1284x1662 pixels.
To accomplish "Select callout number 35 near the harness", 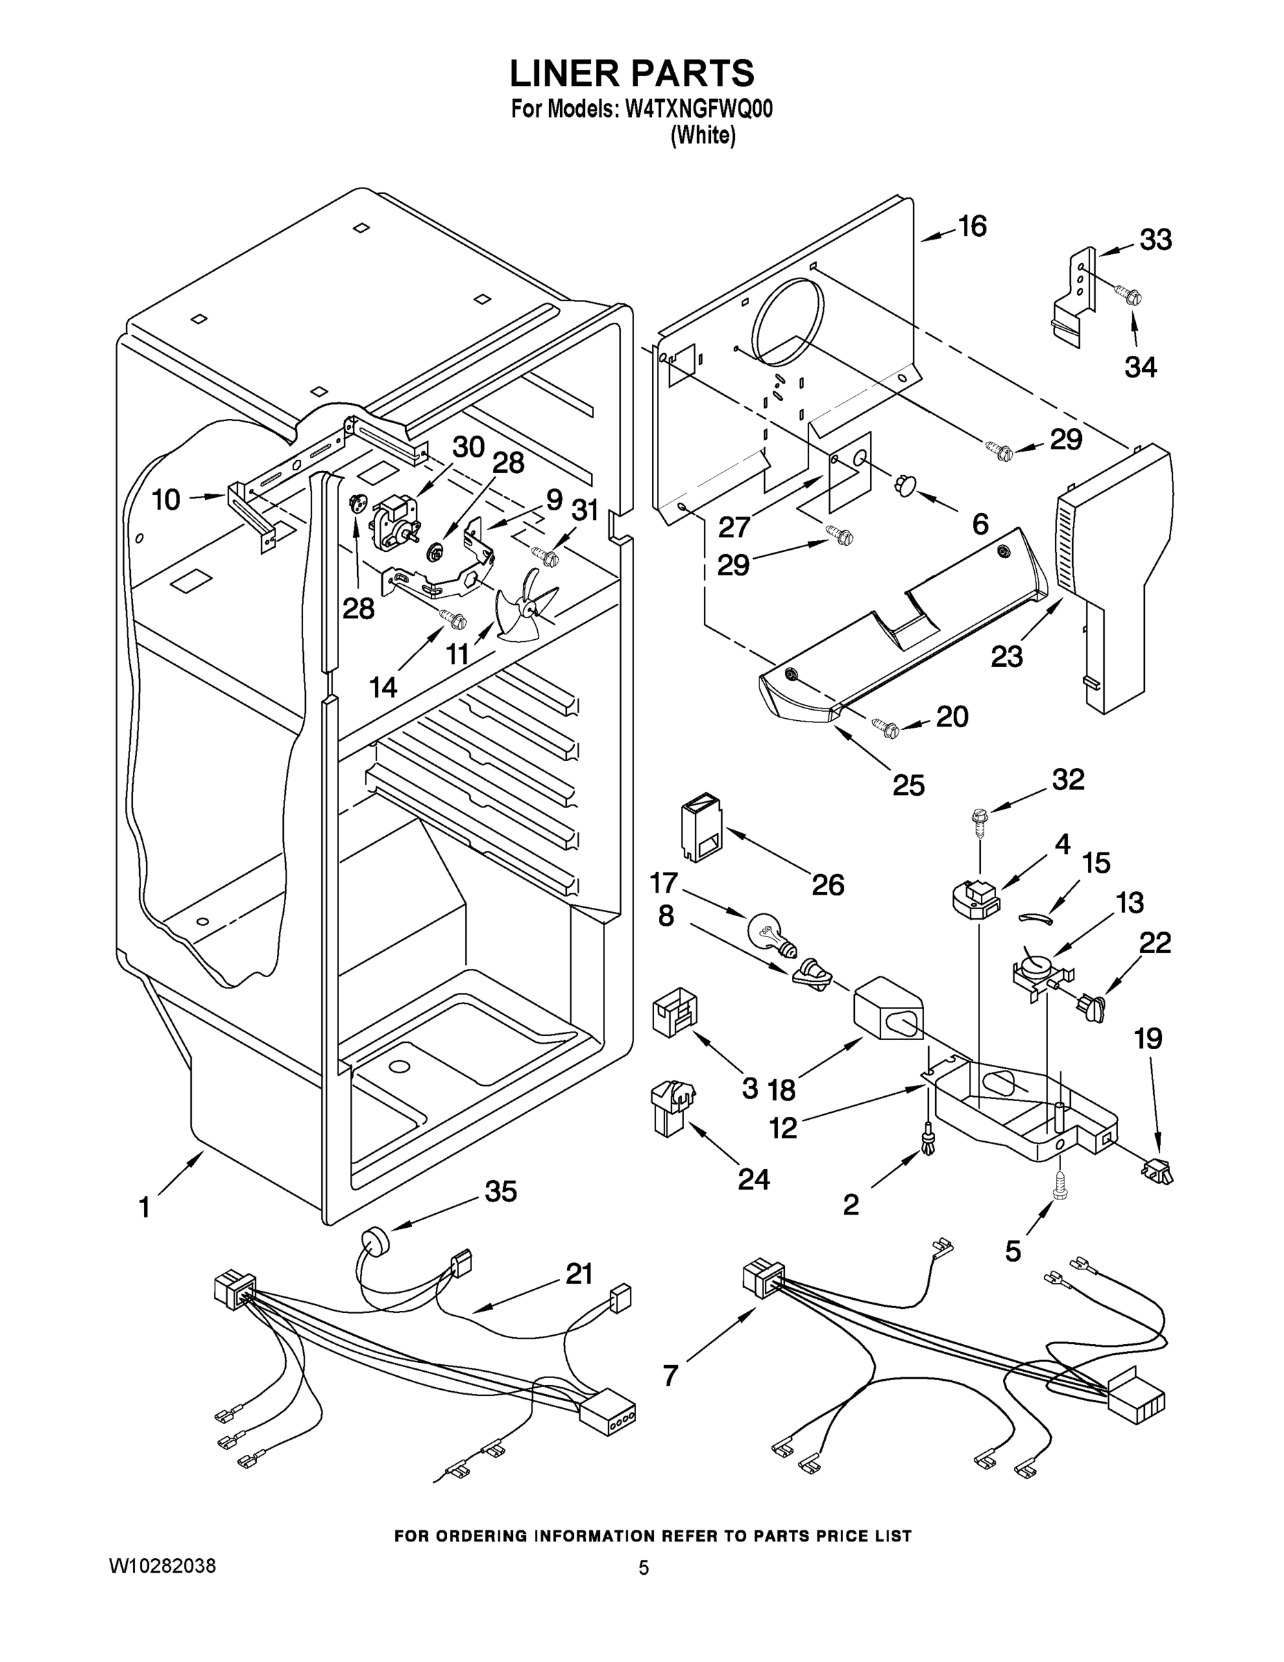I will coord(500,1191).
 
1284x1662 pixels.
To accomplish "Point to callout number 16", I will coord(972,226).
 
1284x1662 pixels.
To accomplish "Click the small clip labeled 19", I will coord(1157,1170).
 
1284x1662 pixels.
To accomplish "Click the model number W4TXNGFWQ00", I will coord(698,109).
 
